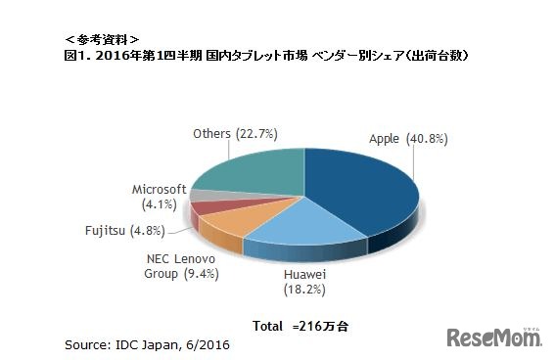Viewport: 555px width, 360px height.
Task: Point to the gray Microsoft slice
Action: coord(202,196)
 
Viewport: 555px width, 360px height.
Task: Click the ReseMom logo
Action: coord(493,337)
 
